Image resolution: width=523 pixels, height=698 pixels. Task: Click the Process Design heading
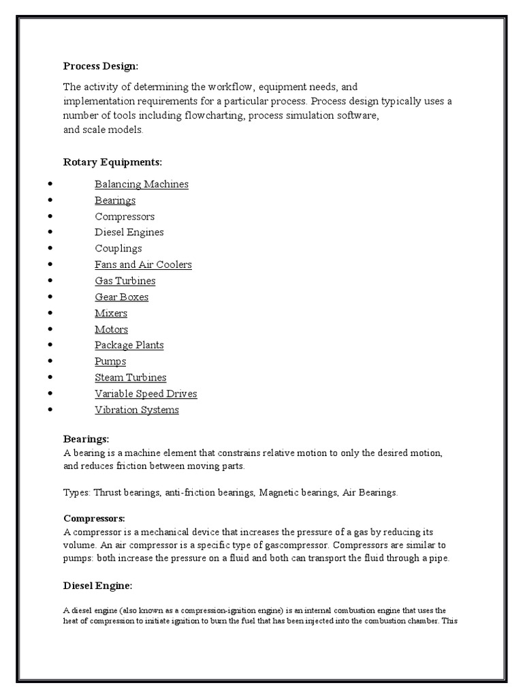pos(100,66)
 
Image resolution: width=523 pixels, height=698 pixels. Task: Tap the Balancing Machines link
pos(142,184)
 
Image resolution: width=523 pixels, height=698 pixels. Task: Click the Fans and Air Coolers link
pos(143,264)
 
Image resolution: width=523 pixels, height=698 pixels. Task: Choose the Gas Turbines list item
pos(125,281)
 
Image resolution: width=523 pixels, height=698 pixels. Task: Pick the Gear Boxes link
pos(121,297)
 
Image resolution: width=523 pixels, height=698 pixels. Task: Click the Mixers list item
pos(111,314)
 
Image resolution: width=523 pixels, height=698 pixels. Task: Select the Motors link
pos(111,329)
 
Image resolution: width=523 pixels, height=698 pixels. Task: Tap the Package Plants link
pos(129,345)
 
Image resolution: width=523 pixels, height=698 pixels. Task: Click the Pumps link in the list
pos(110,361)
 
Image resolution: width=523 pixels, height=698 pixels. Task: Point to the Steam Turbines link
pos(130,378)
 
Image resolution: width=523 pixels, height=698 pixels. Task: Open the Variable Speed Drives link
pos(146,394)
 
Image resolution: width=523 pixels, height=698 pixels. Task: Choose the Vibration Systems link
pos(137,410)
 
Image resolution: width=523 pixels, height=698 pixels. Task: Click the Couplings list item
pos(118,249)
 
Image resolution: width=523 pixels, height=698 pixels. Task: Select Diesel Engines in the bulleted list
pos(129,232)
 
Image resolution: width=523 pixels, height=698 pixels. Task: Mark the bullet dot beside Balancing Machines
pos(51,185)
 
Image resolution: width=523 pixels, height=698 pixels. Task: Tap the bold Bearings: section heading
pos(86,440)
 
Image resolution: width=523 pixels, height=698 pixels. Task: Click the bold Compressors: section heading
pos(94,518)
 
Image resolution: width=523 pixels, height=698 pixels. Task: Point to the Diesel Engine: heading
pos(97,586)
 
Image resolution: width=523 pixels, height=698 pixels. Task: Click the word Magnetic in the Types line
pos(279,492)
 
